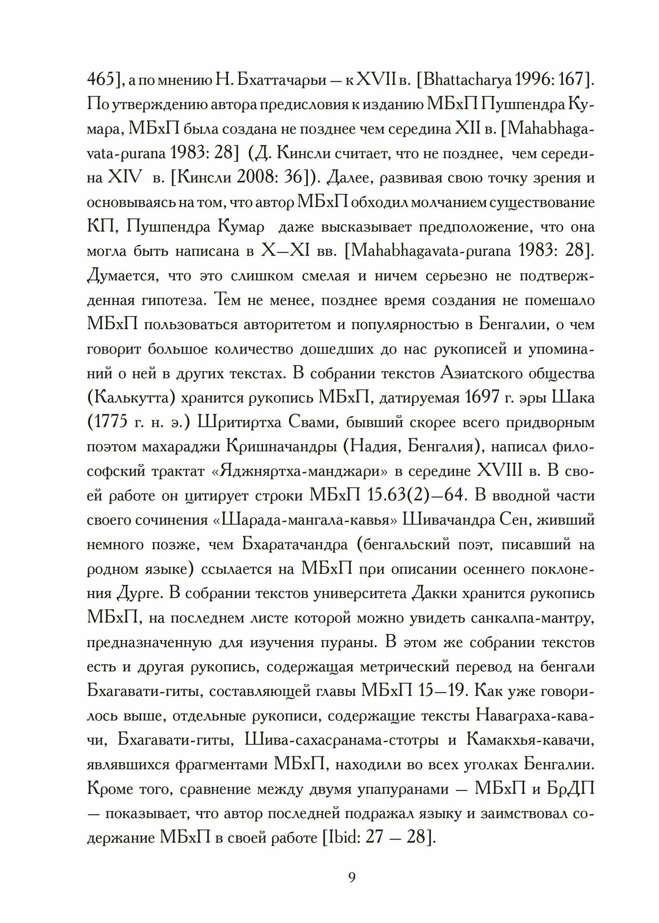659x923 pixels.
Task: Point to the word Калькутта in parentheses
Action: [x=130, y=398]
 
